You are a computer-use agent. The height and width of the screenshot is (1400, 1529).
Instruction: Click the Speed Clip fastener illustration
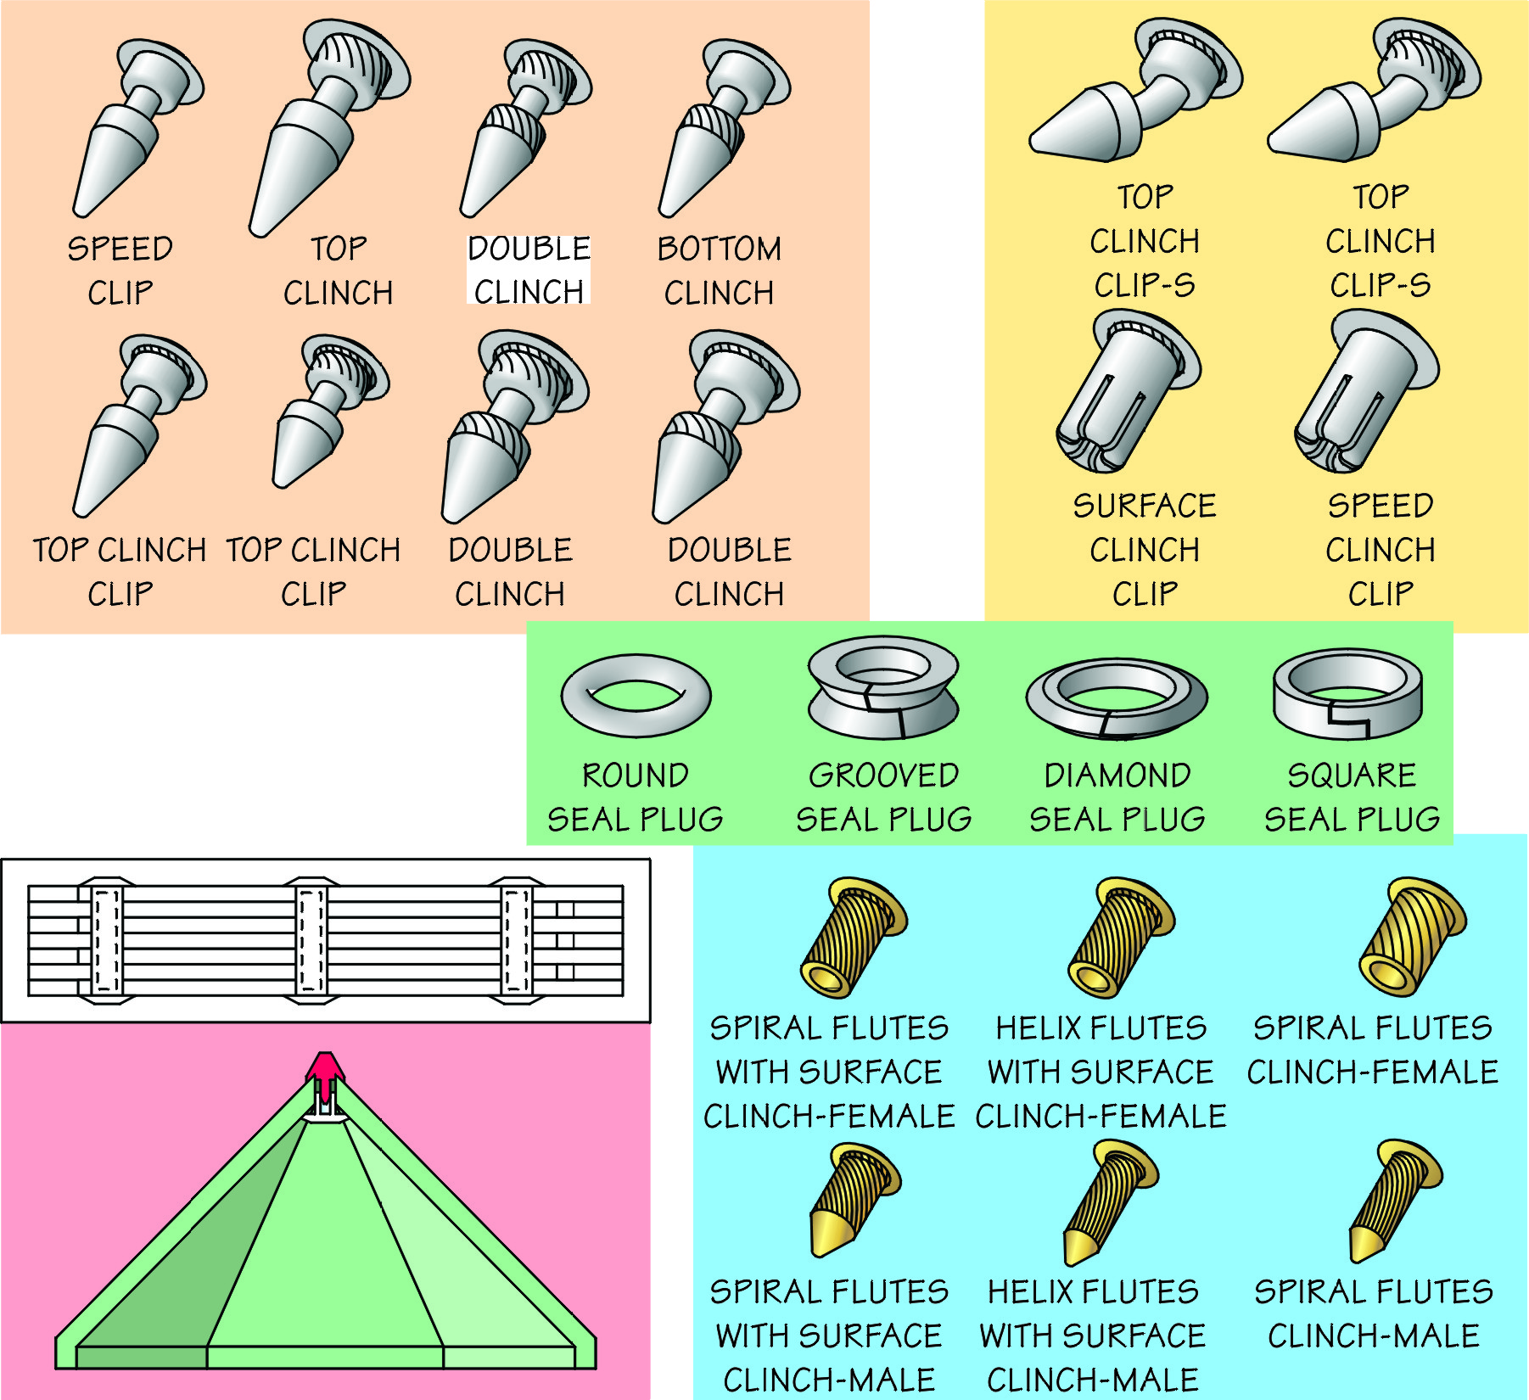[136, 127]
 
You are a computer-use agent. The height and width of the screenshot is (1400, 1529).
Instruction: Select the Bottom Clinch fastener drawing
[721, 127]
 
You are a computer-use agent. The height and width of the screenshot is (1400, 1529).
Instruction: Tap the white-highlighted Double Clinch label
[529, 269]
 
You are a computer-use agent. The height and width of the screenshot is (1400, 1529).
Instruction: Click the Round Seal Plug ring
[636, 696]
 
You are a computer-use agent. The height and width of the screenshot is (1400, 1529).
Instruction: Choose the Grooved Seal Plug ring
[882, 689]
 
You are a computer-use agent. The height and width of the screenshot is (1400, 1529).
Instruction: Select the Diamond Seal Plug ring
[1116, 697]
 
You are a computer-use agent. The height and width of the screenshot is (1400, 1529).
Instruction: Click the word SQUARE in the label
[1352, 776]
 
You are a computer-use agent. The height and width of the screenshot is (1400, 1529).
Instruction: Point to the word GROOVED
[883, 776]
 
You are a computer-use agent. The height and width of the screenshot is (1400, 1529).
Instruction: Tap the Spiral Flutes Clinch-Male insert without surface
[1392, 1201]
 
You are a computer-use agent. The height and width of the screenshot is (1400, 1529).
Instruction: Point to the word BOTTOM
[719, 249]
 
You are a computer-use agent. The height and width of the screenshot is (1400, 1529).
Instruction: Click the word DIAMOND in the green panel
[1117, 776]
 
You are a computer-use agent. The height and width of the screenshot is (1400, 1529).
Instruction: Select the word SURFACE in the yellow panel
[1144, 506]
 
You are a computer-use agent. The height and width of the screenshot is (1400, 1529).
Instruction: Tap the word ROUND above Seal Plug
[635, 776]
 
